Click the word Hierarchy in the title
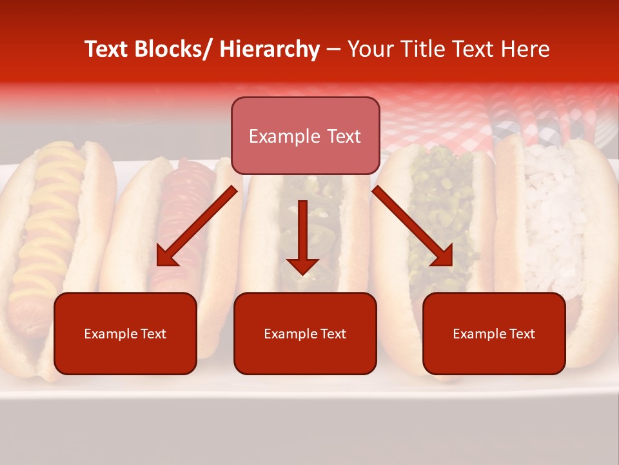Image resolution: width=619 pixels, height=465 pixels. pyautogui.click(x=270, y=49)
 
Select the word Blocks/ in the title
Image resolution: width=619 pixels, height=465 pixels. pyautogui.click(x=170, y=49)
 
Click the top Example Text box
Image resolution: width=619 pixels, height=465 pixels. pyautogui.click(x=305, y=136)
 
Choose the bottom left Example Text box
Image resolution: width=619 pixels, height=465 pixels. pyautogui.click(x=125, y=334)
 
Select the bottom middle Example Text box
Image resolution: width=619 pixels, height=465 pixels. pyautogui.click(x=305, y=334)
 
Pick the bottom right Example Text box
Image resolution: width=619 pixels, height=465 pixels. pyautogui.click(x=494, y=334)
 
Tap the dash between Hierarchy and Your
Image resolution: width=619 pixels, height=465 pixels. pyautogui.click(x=333, y=49)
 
